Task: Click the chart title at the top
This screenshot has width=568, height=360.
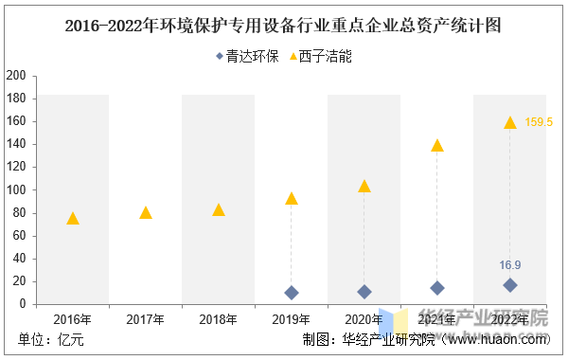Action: tap(284, 26)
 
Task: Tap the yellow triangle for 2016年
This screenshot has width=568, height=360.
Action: tap(73, 218)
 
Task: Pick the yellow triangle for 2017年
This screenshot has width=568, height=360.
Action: tap(146, 212)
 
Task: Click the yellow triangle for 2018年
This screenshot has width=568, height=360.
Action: tap(219, 209)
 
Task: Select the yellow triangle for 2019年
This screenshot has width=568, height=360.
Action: tap(292, 198)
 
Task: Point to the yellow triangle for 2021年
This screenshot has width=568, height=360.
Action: tap(437, 145)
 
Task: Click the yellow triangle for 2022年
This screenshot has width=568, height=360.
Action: tap(510, 122)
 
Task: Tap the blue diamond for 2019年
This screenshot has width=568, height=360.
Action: tap(292, 293)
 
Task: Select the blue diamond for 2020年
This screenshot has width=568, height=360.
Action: tap(364, 292)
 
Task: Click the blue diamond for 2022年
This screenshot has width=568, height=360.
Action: tap(510, 285)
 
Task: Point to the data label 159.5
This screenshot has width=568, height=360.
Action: tap(539, 122)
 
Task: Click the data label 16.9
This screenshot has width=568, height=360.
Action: tap(510, 265)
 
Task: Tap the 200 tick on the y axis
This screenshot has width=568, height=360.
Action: tap(15, 76)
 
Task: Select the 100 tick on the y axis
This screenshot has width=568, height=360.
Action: tap(15, 189)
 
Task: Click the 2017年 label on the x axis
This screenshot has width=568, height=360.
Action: tap(146, 319)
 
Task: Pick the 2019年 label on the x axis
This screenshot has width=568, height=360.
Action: tap(292, 319)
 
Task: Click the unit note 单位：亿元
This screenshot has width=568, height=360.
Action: tap(51, 340)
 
